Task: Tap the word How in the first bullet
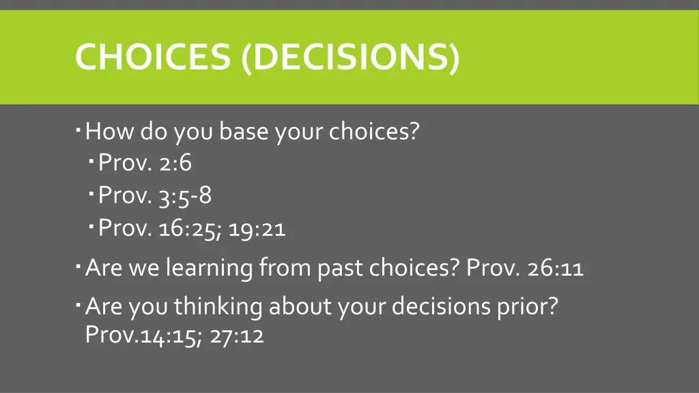[111, 130]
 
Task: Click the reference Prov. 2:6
[145, 163]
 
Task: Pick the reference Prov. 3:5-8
[155, 196]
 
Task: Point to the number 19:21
[257, 229]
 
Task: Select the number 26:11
[555, 268]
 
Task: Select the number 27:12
[237, 335]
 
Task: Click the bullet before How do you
[79, 126]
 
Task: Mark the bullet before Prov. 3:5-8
[92, 192]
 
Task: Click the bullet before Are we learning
[79, 264]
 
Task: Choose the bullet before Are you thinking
[79, 302]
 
